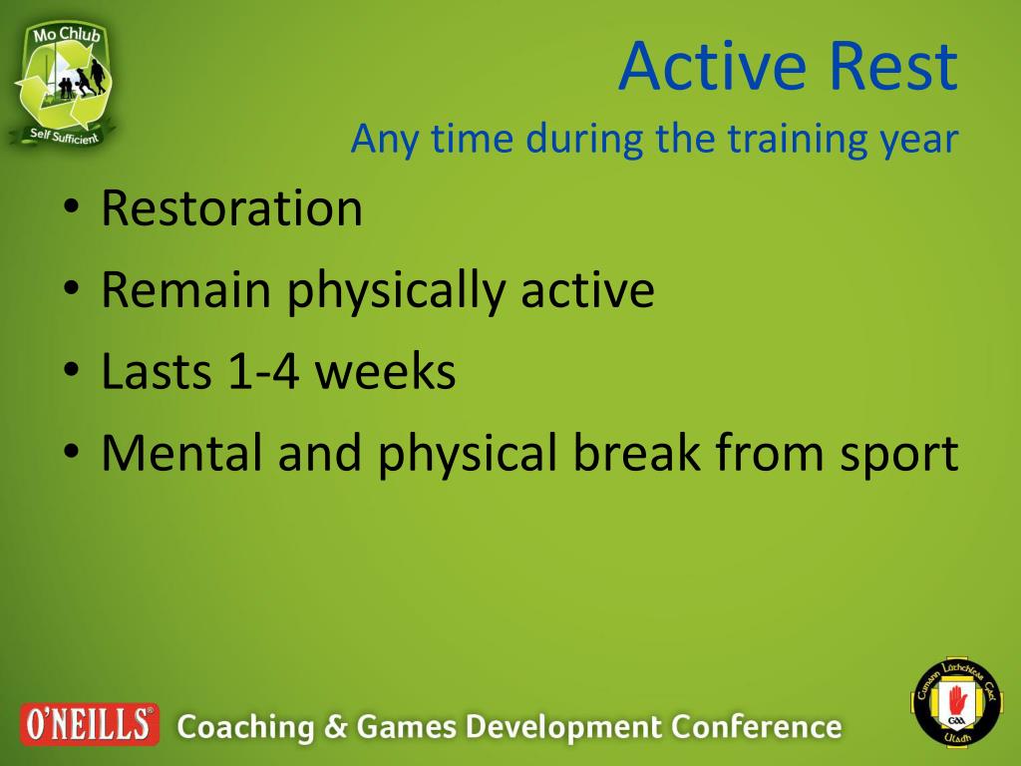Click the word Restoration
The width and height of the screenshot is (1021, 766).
(x=231, y=207)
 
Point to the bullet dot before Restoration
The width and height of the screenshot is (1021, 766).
(x=71, y=207)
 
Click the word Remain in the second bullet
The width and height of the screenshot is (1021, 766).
(x=186, y=289)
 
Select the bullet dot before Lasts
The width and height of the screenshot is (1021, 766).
(x=71, y=371)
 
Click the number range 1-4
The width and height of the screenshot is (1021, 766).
(x=264, y=372)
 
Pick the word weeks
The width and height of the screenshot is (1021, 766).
(x=386, y=371)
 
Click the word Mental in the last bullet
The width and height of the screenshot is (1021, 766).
(x=181, y=453)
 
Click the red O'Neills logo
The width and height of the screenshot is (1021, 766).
(x=89, y=724)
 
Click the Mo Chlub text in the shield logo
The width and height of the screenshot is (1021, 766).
(x=67, y=35)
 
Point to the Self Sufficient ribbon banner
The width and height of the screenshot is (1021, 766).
(x=63, y=136)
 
